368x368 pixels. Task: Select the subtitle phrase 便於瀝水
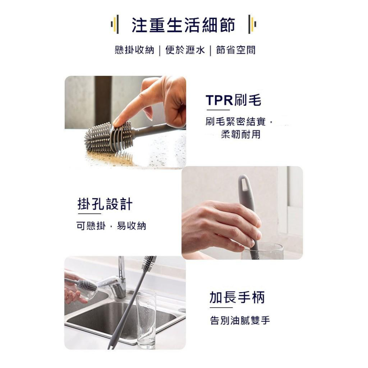(185, 50)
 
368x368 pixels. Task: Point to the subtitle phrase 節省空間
(236, 50)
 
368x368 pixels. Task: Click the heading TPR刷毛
(233, 100)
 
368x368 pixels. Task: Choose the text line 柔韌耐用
(240, 135)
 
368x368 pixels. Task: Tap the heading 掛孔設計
(105, 204)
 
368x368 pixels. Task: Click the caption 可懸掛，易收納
(111, 226)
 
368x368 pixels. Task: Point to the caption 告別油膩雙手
(240, 321)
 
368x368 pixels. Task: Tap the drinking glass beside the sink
(146, 318)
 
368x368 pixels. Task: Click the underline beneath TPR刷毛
(218, 110)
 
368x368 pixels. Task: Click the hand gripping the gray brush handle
(221, 224)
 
